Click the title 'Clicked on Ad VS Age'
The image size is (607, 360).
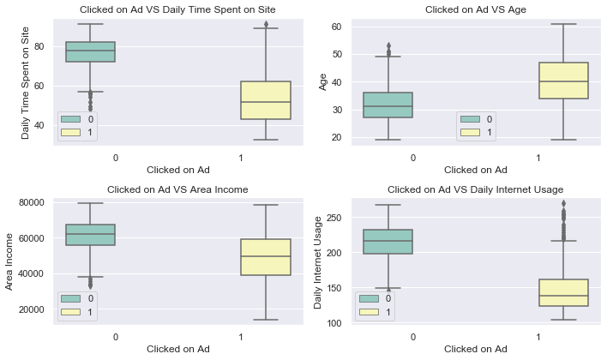point(475,9)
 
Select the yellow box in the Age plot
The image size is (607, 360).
point(563,80)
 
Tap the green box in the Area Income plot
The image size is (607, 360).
point(90,235)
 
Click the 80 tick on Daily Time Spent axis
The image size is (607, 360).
point(39,46)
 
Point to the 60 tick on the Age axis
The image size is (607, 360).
point(336,27)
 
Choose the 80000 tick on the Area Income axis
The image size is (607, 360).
point(32,202)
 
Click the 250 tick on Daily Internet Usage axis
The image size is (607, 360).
point(334,218)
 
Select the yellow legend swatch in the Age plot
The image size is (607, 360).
point(470,132)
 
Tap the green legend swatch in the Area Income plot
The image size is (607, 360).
point(70,298)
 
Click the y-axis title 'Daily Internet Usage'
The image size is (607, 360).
point(318,262)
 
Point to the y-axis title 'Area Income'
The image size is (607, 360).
point(9,261)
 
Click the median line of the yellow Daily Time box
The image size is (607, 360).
point(266,102)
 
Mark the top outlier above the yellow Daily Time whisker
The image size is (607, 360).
point(266,24)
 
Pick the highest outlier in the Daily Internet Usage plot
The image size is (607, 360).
point(563,203)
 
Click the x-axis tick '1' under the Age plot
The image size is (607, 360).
point(538,158)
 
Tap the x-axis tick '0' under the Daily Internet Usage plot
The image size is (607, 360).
point(413,337)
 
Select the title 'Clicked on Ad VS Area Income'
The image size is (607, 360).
point(177,189)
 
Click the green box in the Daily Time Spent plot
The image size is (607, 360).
point(90,51)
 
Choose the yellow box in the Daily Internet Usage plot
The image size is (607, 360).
point(563,292)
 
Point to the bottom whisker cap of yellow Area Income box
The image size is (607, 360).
point(266,320)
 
